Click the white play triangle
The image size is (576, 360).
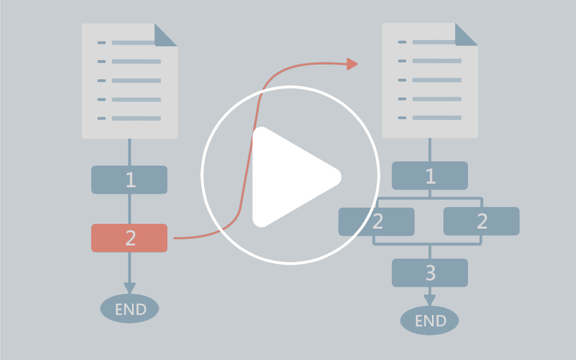290,176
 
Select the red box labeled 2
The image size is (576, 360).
130,238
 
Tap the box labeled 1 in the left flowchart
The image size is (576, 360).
130,179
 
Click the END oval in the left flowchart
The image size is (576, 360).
130,308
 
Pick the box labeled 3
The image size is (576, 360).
430,273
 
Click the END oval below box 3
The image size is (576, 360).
430,320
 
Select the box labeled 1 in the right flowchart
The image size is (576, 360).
430,176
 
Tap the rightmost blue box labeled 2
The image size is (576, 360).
482,221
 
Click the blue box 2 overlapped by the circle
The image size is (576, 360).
377,221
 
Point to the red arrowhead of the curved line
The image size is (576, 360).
352,64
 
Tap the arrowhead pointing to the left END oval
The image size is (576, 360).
130,288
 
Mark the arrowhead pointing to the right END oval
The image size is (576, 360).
430,300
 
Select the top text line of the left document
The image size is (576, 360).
133,43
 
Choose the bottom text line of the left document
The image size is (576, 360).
136,118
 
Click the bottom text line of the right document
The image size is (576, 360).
437,118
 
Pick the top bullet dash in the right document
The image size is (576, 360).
402,42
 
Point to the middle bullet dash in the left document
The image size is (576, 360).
101,80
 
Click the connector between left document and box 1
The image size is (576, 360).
130,152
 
